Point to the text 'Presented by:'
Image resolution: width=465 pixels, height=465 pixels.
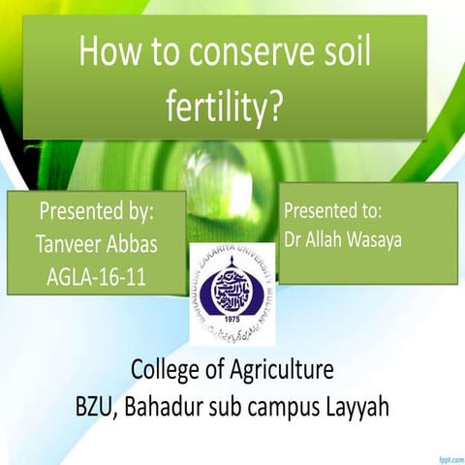(96, 212)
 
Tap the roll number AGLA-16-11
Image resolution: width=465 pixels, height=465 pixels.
(97, 276)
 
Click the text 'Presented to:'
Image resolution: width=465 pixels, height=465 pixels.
(334, 209)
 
